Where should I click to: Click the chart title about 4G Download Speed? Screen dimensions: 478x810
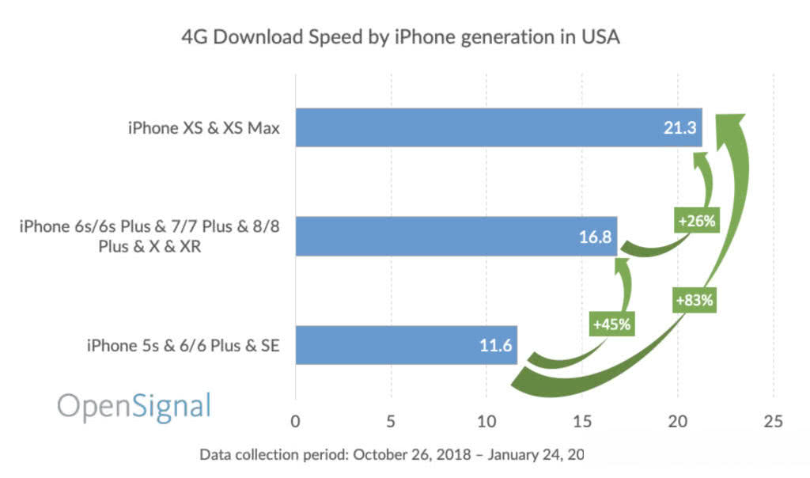tap(400, 38)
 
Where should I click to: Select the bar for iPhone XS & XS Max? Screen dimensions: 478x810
tap(498, 127)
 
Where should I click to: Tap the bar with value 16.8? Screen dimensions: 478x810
tap(456, 236)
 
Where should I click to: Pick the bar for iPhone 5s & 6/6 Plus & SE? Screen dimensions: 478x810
tap(406, 345)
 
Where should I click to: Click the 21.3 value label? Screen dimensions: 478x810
tap(679, 127)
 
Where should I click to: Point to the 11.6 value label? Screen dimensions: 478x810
tap(494, 346)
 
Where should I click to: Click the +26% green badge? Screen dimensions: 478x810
tap(696, 221)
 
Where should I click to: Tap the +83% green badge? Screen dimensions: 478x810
tap(695, 301)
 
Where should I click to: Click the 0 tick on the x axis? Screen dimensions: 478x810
tap(295, 421)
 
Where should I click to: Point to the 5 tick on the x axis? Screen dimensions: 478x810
tap(391, 421)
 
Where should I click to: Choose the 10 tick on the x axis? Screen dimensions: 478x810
tap(486, 421)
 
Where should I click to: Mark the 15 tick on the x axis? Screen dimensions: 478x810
tap(581, 421)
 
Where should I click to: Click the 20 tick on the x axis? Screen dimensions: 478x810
tap(677, 421)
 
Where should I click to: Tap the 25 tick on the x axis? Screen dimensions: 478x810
tap(773, 421)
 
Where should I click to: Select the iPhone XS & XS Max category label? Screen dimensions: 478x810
tap(204, 127)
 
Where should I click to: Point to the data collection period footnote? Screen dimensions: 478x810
tap(391, 454)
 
